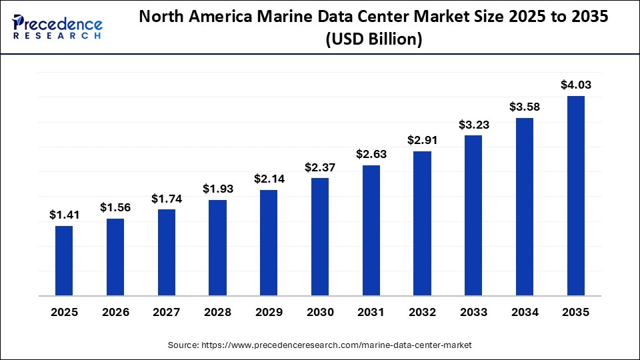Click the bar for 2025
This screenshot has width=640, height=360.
(64, 260)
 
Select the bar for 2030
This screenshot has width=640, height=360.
(320, 236)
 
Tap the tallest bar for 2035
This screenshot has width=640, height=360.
(575, 195)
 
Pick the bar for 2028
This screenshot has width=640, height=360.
(217, 247)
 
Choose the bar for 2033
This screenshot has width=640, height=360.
(473, 215)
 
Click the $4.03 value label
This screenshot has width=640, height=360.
(575, 85)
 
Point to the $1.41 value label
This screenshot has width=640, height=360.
(64, 215)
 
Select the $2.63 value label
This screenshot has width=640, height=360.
(371, 154)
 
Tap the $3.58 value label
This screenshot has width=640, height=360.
(525, 107)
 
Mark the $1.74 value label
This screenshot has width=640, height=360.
(166, 198)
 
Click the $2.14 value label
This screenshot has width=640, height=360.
(269, 179)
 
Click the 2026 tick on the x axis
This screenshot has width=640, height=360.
(115, 312)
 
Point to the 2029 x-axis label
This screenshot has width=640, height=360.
(269, 312)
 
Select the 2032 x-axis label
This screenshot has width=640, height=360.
(422, 312)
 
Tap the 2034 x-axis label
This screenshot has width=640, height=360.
(525, 312)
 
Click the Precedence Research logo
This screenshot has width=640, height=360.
(57, 27)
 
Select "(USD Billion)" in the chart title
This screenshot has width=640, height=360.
(373, 40)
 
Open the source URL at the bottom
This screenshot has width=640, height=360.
(320, 345)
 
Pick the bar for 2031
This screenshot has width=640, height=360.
(371, 230)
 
